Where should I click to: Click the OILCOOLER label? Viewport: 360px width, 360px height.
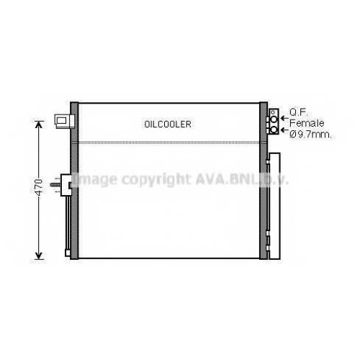168,124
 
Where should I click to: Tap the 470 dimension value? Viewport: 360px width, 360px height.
38,186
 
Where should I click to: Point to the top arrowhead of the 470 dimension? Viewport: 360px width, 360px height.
39,125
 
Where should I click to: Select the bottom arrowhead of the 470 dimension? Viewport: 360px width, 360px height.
39,256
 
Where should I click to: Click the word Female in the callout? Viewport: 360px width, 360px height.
307,123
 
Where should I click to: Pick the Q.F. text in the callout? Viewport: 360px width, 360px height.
299,112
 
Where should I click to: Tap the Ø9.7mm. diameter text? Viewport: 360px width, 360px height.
311,135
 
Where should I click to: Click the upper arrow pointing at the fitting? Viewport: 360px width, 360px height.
285,118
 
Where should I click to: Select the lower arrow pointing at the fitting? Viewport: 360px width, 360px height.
285,130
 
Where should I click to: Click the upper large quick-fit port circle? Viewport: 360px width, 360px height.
274,119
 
